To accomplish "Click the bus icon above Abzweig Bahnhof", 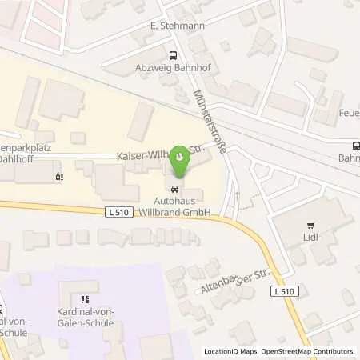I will point(171,55).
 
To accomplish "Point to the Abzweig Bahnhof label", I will point(171,68).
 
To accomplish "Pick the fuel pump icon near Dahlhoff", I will point(57,174).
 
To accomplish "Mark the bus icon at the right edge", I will point(355,145).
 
